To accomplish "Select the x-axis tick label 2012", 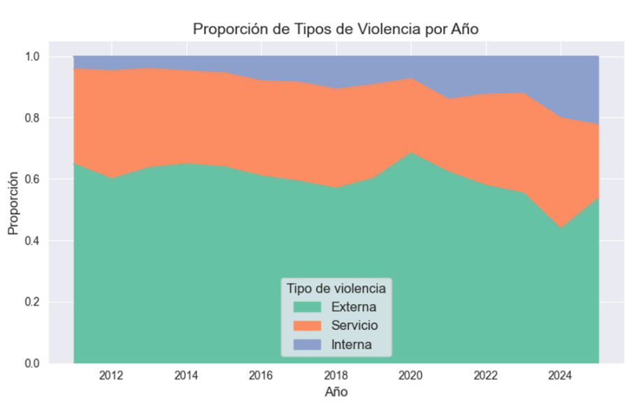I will (x=111, y=376).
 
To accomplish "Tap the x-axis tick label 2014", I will (x=186, y=376).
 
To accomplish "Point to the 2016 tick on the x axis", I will (x=261, y=376).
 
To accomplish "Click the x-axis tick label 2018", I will (x=337, y=376).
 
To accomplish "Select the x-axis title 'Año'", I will (x=336, y=392).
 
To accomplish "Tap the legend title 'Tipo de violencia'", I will (x=336, y=287).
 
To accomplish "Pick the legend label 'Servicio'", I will (x=355, y=326).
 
